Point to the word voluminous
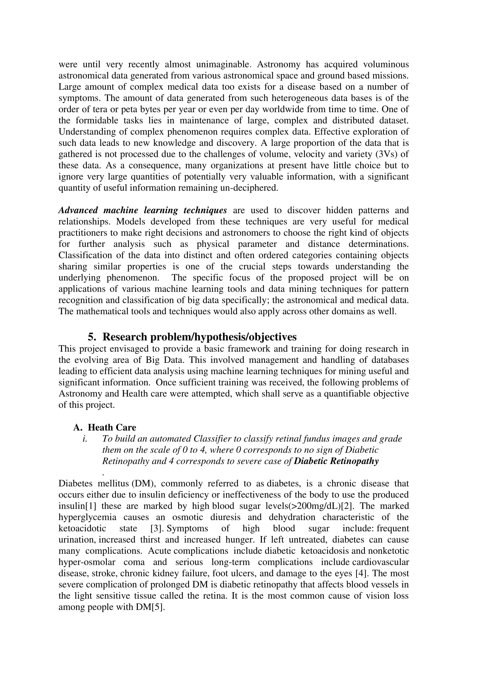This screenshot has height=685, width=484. point(386,64)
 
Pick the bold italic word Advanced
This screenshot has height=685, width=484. point(78,210)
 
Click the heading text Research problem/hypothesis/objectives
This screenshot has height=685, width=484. point(199,337)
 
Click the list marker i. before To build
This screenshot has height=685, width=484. point(85,439)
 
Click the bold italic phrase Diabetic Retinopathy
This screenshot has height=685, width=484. point(336,461)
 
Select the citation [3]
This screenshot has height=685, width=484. point(157,528)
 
